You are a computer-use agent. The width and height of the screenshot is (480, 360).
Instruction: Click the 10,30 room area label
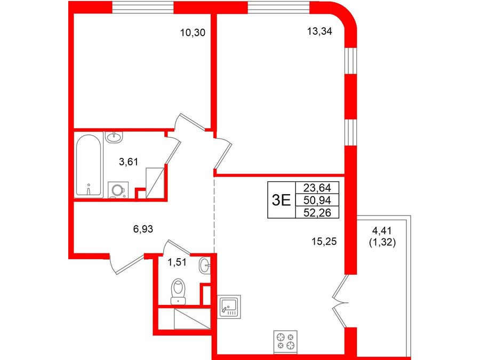point(193,32)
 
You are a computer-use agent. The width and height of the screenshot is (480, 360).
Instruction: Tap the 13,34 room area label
point(319,31)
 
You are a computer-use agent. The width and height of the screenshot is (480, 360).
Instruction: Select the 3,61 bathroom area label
point(129,161)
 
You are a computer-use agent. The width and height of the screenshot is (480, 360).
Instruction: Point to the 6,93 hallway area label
point(143,228)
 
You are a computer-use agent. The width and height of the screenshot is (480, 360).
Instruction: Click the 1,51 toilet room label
point(177,262)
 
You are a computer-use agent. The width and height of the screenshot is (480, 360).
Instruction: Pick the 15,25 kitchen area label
point(324,242)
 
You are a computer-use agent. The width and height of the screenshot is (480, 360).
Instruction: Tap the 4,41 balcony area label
point(382,230)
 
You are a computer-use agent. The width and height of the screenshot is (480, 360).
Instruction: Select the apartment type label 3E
point(281,200)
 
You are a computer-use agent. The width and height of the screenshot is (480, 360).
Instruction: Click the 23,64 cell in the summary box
point(317,187)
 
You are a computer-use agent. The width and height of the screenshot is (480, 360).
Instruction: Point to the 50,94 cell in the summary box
point(317,200)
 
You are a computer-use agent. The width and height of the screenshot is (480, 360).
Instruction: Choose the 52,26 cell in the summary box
point(317,212)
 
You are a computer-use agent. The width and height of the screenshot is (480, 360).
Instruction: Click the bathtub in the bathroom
point(89,165)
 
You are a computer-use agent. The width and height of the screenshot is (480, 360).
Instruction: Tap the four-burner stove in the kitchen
point(285,340)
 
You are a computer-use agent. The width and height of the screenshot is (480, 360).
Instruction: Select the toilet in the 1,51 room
point(179,291)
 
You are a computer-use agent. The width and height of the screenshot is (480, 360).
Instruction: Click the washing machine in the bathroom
point(118,190)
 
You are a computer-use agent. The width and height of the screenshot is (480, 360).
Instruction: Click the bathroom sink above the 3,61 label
point(114,137)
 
